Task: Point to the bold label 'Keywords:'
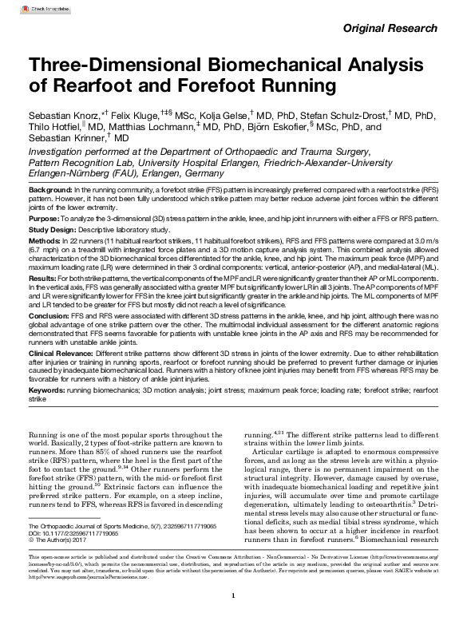tap(47, 391)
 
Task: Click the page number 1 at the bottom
tap(232, 595)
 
